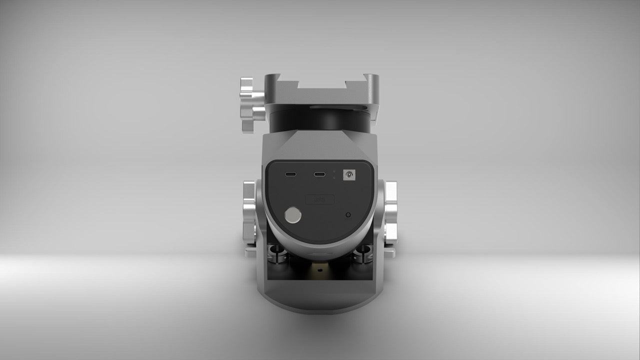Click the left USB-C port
click(x=290, y=174)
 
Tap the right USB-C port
click(x=319, y=174)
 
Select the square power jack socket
click(x=348, y=174)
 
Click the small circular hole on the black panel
click(x=348, y=214)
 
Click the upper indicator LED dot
click(x=333, y=171)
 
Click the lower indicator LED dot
click(x=333, y=177)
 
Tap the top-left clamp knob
click(x=249, y=104)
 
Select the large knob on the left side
click(x=249, y=212)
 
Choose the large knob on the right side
click(x=390, y=212)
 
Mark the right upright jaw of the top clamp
click(x=371, y=82)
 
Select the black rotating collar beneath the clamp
click(x=320, y=120)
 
